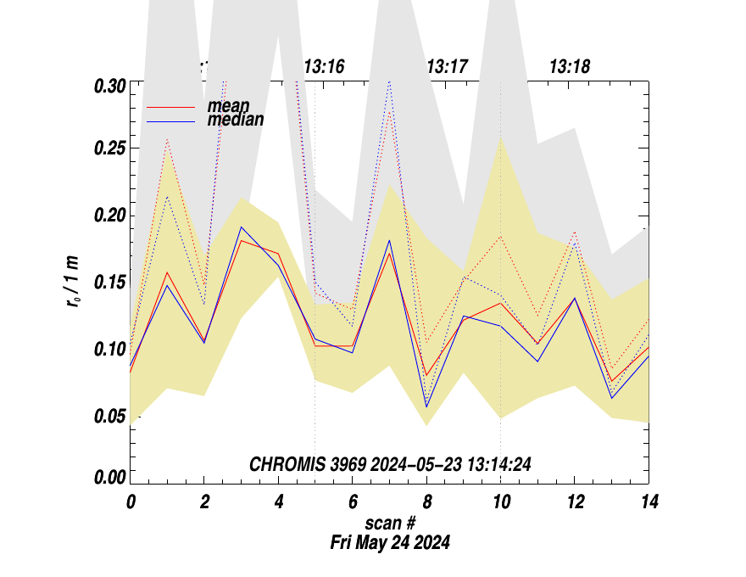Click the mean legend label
click(x=228, y=106)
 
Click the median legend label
click(x=235, y=120)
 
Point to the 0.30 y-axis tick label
click(x=109, y=86)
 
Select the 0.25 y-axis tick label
click(x=109, y=149)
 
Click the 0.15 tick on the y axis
click(x=109, y=282)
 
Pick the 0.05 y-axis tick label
click(x=109, y=415)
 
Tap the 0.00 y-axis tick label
click(x=109, y=478)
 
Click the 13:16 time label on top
click(x=324, y=67)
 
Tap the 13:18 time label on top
click(x=570, y=67)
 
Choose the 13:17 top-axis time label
click(x=447, y=67)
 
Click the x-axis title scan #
click(x=390, y=524)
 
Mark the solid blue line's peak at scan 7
click(x=389, y=240)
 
